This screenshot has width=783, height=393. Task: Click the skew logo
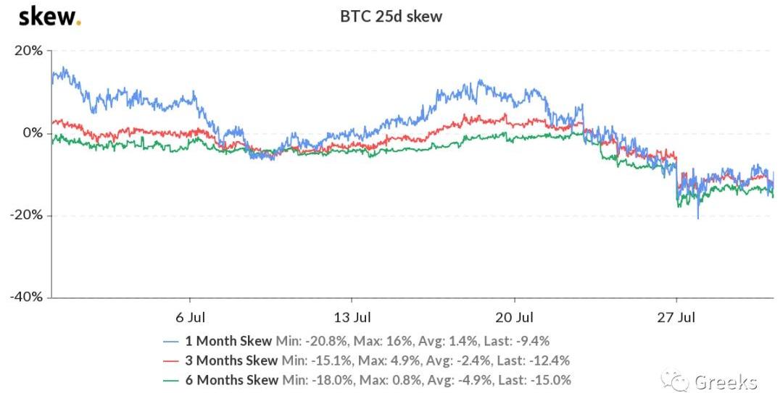click(x=49, y=16)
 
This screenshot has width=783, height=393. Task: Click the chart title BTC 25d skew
click(x=391, y=16)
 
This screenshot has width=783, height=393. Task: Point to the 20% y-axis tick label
click(x=28, y=51)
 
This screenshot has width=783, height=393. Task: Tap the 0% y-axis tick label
click(x=33, y=133)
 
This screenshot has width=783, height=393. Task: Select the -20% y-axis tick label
click(x=26, y=215)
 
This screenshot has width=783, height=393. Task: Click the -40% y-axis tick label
click(x=26, y=297)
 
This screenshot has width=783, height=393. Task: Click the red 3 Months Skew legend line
click(x=170, y=360)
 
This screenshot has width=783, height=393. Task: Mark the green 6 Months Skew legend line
click(x=170, y=380)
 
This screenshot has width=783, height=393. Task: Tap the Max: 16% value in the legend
click(x=368, y=341)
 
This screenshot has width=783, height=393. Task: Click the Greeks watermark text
click(x=725, y=381)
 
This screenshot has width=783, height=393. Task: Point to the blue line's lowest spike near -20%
click(x=698, y=218)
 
